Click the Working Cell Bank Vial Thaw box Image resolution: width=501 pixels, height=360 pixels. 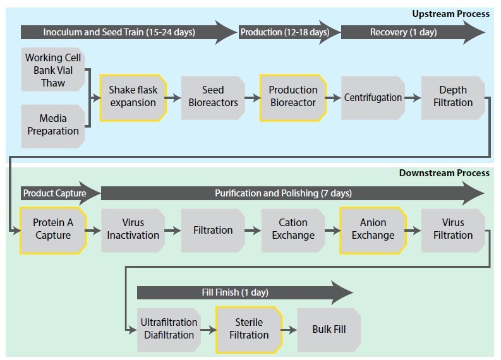(53, 70)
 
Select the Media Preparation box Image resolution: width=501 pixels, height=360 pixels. (53, 125)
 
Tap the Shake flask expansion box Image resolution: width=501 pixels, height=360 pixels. (133, 97)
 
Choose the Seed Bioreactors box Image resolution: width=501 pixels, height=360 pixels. (213, 97)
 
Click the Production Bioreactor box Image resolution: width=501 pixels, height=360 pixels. (293, 97)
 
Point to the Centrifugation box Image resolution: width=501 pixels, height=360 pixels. (373, 98)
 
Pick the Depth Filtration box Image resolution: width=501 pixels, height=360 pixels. (453, 97)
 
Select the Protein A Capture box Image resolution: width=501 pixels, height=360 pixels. (53, 229)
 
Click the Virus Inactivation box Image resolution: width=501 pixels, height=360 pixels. (133, 229)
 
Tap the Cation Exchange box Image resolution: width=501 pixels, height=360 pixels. (293, 229)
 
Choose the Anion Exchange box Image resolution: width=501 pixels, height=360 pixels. (373, 229)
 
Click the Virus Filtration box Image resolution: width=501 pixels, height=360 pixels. (453, 229)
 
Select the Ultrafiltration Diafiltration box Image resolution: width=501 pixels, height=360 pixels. (169, 329)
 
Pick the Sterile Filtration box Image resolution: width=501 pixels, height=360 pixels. (248, 329)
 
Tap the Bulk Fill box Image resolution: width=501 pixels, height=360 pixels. (329, 329)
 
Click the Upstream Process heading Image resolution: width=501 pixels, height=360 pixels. (450, 14)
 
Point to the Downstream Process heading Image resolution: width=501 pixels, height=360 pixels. (444, 173)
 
